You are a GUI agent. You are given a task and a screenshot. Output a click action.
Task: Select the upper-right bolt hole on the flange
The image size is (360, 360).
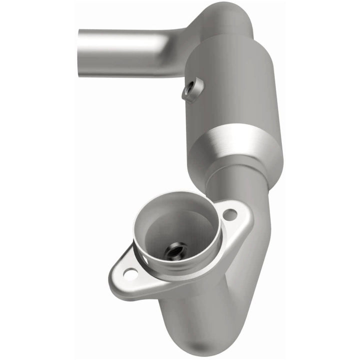click(x=229, y=215)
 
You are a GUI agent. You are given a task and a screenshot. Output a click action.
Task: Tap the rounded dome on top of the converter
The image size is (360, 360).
click(x=225, y=20)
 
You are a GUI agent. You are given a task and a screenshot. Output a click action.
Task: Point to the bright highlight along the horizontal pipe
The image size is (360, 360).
click(x=125, y=39)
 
